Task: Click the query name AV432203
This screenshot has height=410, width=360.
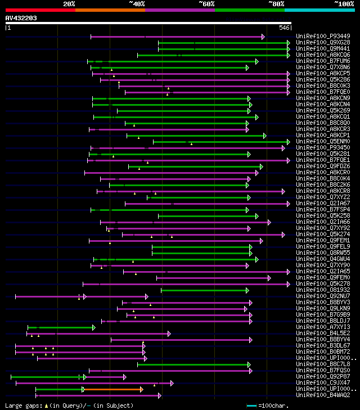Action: [21, 18]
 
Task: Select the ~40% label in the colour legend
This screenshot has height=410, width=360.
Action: [137, 3]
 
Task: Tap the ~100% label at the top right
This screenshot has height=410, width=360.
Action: [344, 3]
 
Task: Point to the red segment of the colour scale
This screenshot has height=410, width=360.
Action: [40, 10]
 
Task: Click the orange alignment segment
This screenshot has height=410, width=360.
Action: [112, 389]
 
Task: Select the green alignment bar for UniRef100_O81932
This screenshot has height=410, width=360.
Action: [204, 290]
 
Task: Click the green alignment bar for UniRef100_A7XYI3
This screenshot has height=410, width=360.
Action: [61, 327]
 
